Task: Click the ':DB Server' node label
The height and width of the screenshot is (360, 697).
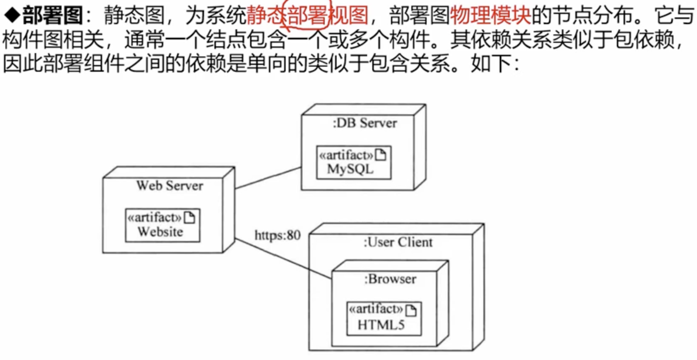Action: click(x=364, y=123)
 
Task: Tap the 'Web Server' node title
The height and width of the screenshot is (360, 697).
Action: click(x=170, y=186)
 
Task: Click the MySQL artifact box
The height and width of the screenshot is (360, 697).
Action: click(x=354, y=163)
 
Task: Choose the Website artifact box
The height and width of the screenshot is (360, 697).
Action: click(x=162, y=225)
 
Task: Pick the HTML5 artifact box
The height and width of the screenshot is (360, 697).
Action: click(x=384, y=319)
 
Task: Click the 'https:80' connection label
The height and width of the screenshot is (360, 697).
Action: click(x=278, y=235)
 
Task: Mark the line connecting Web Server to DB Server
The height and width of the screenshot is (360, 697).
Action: click(x=268, y=178)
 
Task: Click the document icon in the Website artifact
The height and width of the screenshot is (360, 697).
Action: click(x=189, y=218)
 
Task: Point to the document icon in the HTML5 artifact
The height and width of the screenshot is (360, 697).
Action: click(x=411, y=310)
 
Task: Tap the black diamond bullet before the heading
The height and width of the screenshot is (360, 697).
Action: click(x=12, y=15)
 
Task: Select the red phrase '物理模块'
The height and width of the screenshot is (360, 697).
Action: click(x=490, y=15)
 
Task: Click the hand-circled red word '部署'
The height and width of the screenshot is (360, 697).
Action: click(x=307, y=15)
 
